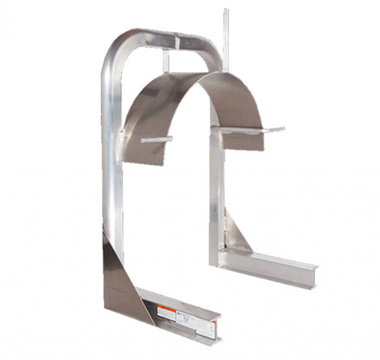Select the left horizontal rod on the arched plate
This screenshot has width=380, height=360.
coord(157,139)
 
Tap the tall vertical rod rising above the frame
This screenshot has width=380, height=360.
coord(226,33)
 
